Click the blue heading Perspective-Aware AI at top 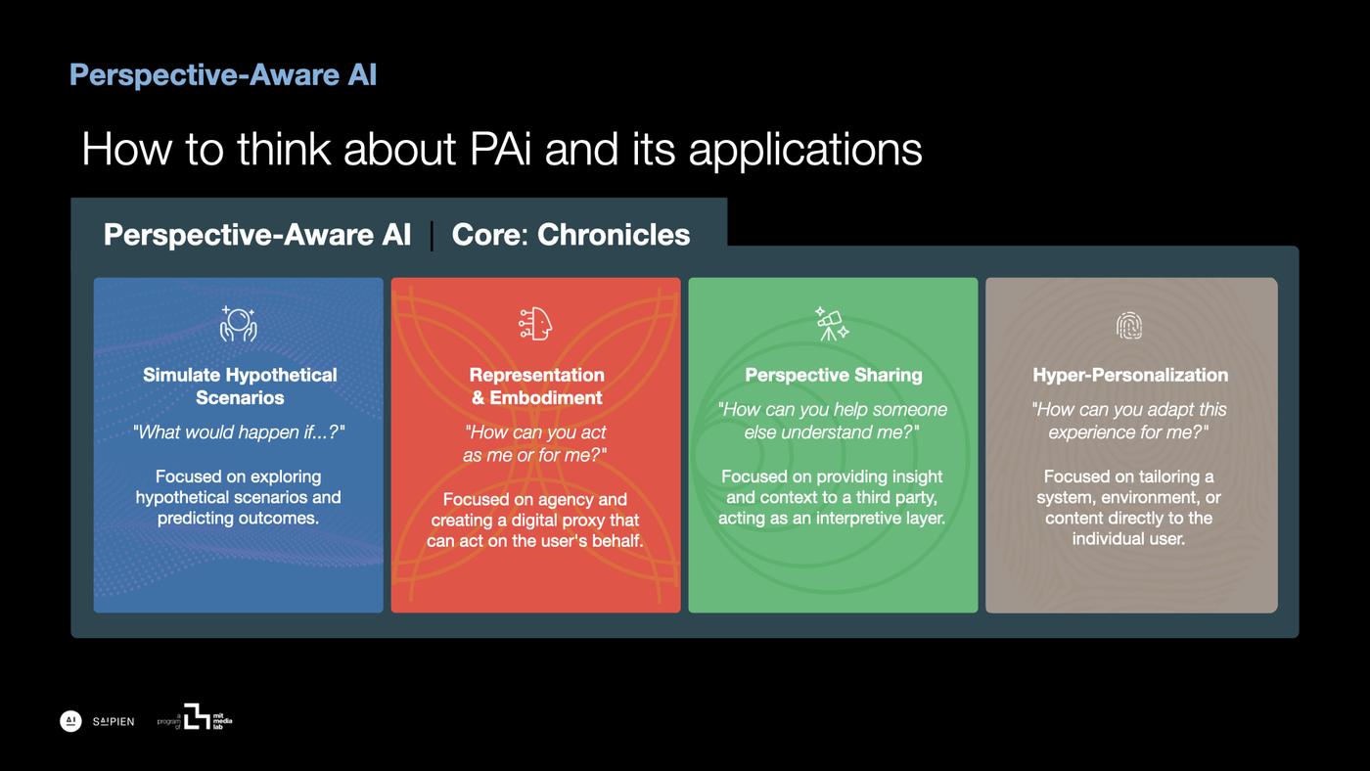223,75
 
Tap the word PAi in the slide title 501,150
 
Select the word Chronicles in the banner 614,235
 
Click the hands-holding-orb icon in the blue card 238,324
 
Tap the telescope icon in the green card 832,324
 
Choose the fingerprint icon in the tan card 1129,326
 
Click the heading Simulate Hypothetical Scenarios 240,386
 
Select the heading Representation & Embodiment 536,386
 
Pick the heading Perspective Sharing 833,375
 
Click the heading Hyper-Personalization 1130,375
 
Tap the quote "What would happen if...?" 239,432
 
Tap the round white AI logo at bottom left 70,721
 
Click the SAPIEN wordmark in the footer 114,722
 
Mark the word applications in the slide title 804,150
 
